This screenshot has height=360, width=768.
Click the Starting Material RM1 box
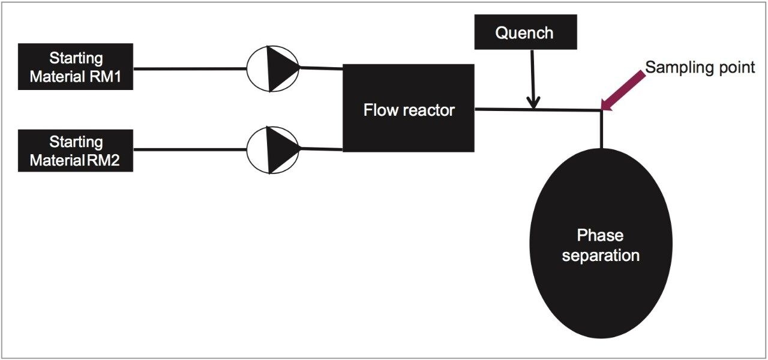75,67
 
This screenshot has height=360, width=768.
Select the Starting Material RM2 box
75,151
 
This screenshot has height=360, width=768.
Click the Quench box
525,32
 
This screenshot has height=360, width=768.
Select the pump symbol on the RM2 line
273,150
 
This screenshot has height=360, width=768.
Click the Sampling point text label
700,67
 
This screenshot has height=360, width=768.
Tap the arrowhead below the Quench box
533,103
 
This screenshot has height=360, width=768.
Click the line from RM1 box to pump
190,68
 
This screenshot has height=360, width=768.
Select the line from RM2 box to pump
190,151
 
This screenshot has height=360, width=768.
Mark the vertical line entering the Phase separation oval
600,129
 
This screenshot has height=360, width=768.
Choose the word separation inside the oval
600,255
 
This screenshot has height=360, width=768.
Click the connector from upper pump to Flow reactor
320,68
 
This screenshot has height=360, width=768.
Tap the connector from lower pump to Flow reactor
320,148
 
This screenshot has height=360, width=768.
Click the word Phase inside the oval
600,235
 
